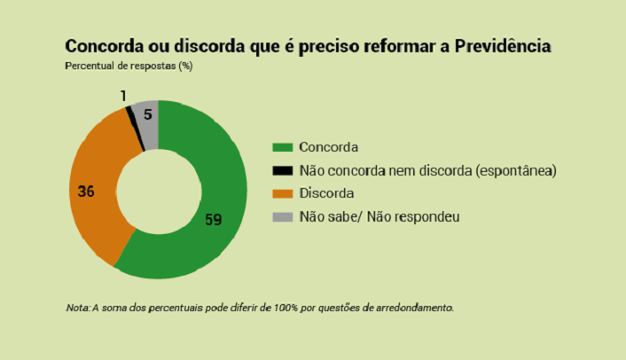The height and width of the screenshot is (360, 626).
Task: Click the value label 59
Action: [213, 219]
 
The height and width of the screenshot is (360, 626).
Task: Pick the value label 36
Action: [86, 191]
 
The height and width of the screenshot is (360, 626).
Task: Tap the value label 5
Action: [147, 114]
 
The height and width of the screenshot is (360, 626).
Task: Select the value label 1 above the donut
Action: [123, 95]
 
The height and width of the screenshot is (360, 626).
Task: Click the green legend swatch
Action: [281, 147]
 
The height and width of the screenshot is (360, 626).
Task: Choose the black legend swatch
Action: [281, 170]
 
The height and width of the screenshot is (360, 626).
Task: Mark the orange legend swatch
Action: [281, 193]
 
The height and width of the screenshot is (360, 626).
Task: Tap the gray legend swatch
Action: [281, 216]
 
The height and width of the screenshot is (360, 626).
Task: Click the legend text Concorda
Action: [329, 147]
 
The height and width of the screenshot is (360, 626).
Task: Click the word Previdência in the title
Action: [504, 45]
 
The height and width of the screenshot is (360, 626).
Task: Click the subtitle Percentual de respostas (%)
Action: [129, 66]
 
